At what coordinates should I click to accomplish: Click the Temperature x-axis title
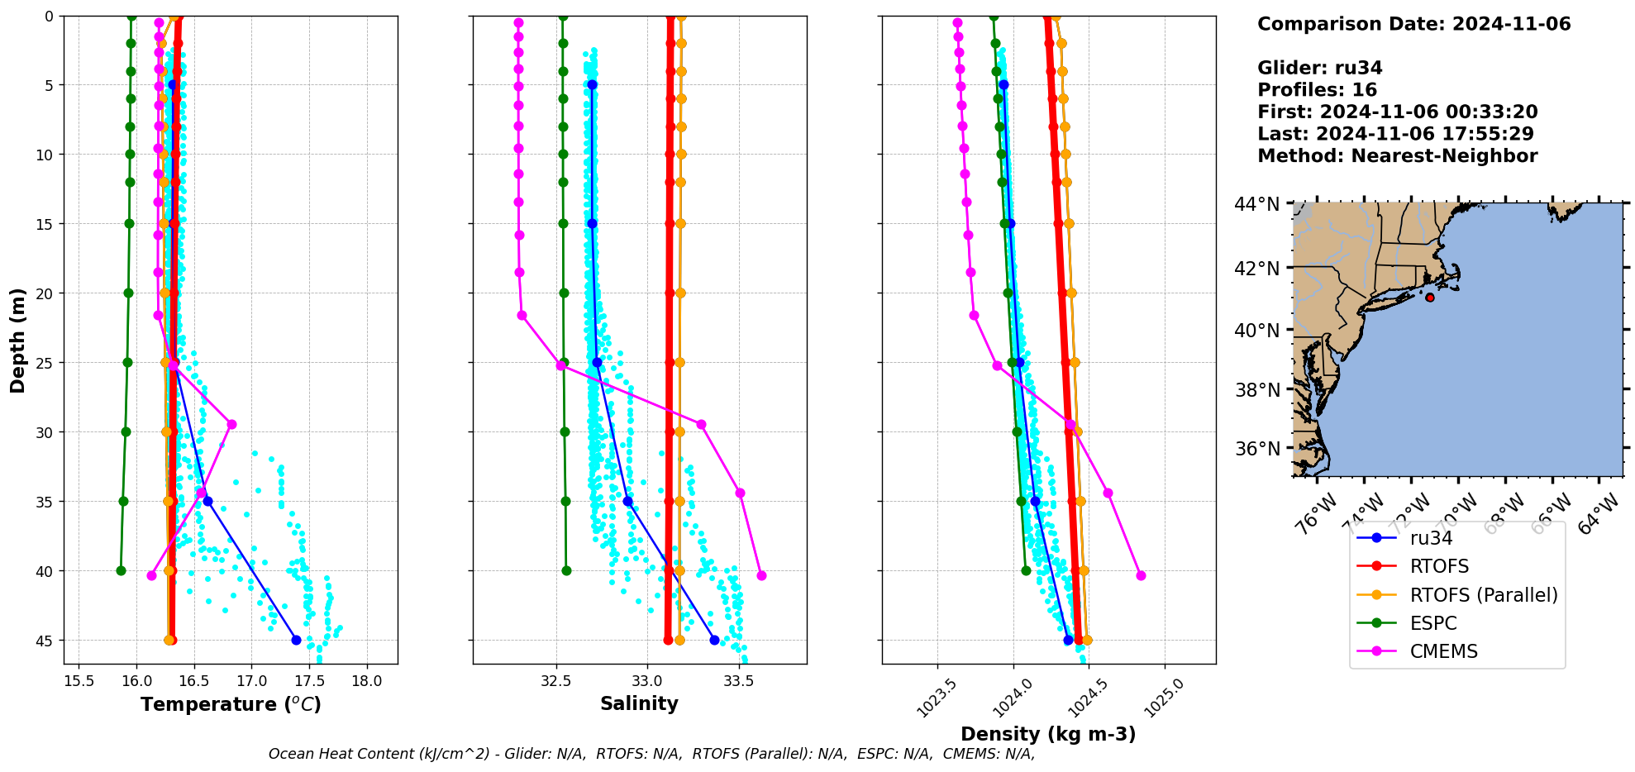pyautogui.click(x=231, y=704)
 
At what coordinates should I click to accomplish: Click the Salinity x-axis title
pyautogui.click(x=639, y=704)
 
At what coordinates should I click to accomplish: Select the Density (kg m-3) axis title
pyautogui.click(x=1048, y=734)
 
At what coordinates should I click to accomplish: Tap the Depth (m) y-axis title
pyautogui.click(x=18, y=340)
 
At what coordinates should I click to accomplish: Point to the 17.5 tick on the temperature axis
pyautogui.click(x=309, y=682)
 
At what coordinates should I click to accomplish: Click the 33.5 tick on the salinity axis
pyautogui.click(x=738, y=682)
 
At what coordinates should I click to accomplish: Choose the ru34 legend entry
pyautogui.click(x=1431, y=538)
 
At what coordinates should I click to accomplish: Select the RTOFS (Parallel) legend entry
pyautogui.click(x=1483, y=595)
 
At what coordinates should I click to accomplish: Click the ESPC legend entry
pyautogui.click(x=1433, y=623)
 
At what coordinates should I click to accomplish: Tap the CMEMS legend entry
pyautogui.click(x=1443, y=651)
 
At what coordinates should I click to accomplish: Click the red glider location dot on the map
pyautogui.click(x=1430, y=298)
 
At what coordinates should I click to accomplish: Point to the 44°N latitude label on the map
pyautogui.click(x=1256, y=204)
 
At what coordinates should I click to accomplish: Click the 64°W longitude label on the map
pyautogui.click(x=1599, y=513)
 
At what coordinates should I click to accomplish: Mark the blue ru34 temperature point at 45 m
pyautogui.click(x=296, y=640)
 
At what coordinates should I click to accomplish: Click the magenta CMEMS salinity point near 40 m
pyautogui.click(x=761, y=575)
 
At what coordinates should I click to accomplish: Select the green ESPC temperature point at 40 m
pyautogui.click(x=121, y=570)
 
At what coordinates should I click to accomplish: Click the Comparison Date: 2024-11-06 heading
pyautogui.click(x=1413, y=24)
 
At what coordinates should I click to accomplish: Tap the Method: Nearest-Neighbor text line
pyautogui.click(x=1397, y=156)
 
